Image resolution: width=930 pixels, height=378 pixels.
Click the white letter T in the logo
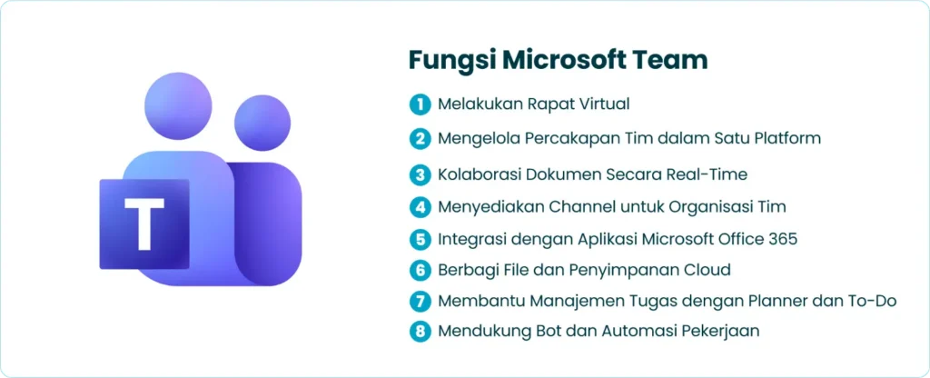pyautogui.click(x=143, y=224)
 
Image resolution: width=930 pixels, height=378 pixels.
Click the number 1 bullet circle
pyautogui.click(x=420, y=104)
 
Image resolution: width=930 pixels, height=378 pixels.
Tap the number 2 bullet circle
pyautogui.click(x=420, y=138)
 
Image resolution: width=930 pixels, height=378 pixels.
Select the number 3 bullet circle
pyautogui.click(x=420, y=173)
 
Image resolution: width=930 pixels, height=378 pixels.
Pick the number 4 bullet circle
pyautogui.click(x=420, y=206)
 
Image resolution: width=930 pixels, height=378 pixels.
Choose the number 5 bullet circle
pyautogui.click(x=420, y=240)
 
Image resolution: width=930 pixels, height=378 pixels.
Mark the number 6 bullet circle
pyautogui.click(x=420, y=270)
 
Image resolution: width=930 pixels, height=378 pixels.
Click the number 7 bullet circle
pyautogui.click(x=420, y=301)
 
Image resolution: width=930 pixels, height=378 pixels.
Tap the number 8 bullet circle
pyautogui.click(x=420, y=331)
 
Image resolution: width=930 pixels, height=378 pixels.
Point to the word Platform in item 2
pyautogui.click(x=787, y=138)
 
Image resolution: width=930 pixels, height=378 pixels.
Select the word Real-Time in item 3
pyautogui.click(x=715, y=173)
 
